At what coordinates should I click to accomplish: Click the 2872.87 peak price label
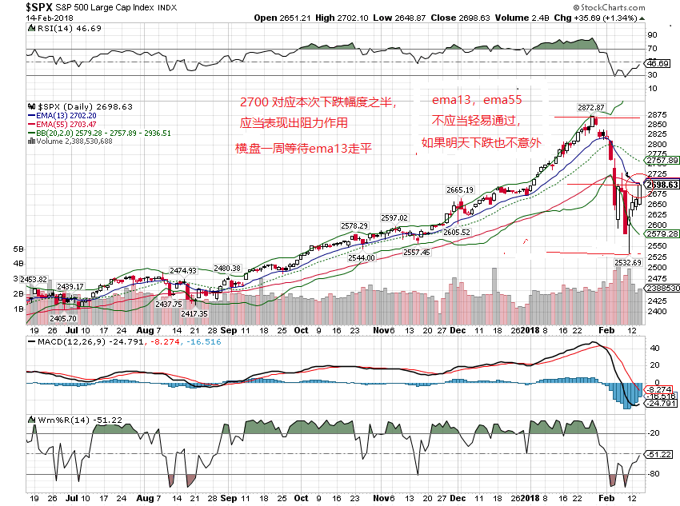(x=593, y=106)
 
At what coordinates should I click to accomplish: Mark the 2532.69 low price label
(x=628, y=261)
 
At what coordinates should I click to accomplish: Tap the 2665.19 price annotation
(x=461, y=189)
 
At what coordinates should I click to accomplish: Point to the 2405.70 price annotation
(x=65, y=317)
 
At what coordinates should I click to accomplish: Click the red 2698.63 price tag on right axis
(x=663, y=184)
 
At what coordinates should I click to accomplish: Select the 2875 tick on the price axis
(x=658, y=114)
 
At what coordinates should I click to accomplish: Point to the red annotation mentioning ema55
(x=477, y=101)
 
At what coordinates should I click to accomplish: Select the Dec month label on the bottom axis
(x=458, y=329)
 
